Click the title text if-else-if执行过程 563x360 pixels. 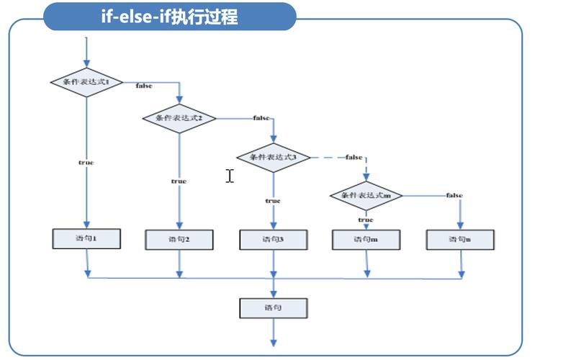coord(170,16)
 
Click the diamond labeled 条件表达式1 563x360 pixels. coord(86,82)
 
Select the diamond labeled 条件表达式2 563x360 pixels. coord(179,117)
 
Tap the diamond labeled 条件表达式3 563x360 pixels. coord(273,157)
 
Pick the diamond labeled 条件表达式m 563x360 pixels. coord(366,195)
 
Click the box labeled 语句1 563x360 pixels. coord(86,238)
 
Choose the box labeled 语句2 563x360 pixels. coord(179,239)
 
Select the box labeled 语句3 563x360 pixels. coord(273,239)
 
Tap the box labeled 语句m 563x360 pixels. coord(366,239)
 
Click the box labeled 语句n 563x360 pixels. coord(459,239)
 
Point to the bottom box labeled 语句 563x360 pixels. coord(273,307)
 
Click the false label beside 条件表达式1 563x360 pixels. coord(144,86)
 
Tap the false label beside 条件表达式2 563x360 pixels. coord(261,118)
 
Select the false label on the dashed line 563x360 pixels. coord(353,157)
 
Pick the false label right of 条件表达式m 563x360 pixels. coord(454,195)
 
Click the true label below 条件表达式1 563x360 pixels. coord(86,163)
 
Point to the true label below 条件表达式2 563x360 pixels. coord(179,181)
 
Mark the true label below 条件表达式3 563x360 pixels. coord(273,201)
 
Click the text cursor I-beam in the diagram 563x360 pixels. coord(230,176)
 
